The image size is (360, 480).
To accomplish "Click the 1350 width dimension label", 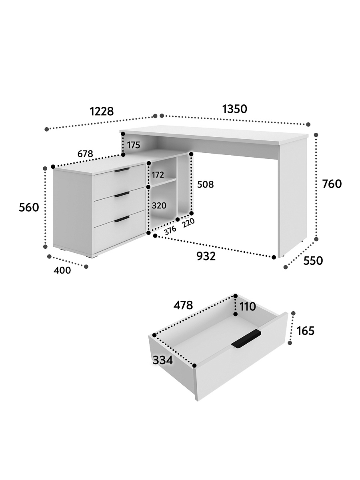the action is (x=234, y=109).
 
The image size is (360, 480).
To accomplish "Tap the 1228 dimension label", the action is (x=102, y=111).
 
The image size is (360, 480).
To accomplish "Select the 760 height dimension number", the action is (x=332, y=184).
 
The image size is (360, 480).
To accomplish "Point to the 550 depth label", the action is (x=313, y=261).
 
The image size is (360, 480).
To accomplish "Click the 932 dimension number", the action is (x=206, y=256).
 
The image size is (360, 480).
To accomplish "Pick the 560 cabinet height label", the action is (x=29, y=207).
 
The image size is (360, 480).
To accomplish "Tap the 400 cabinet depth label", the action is (x=62, y=270).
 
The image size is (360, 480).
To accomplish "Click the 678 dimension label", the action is (x=85, y=154).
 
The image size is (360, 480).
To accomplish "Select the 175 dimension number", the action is (x=134, y=145).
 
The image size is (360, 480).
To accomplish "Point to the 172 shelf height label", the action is (x=158, y=175).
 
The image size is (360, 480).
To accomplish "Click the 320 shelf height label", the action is (x=159, y=206).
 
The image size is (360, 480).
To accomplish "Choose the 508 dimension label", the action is (x=205, y=184).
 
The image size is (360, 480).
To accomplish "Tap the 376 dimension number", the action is (x=170, y=230).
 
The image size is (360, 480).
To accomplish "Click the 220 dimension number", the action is (x=188, y=223).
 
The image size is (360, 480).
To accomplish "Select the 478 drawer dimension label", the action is (x=183, y=305).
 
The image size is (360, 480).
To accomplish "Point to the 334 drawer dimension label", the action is (x=163, y=360).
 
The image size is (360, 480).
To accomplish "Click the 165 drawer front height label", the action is (x=305, y=330).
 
